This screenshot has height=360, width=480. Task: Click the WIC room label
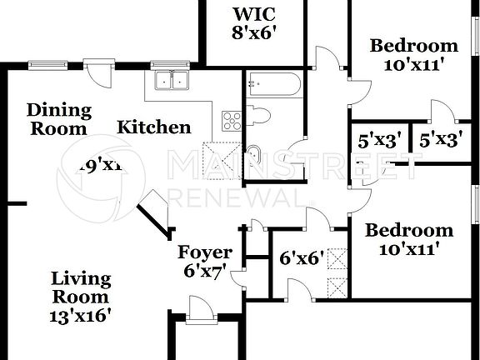(x=254, y=15)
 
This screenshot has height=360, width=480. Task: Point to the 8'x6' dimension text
(x=254, y=33)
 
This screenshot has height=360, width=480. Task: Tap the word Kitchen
(x=153, y=127)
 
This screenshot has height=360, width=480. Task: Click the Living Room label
(x=80, y=287)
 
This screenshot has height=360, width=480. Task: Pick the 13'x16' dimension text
(x=80, y=315)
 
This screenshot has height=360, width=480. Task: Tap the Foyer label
(x=205, y=252)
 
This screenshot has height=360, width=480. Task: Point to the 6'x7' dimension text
(x=205, y=270)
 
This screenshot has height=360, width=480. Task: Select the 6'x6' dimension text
(x=302, y=258)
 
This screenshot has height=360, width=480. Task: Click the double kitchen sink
(x=173, y=81)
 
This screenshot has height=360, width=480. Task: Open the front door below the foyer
(x=200, y=314)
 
